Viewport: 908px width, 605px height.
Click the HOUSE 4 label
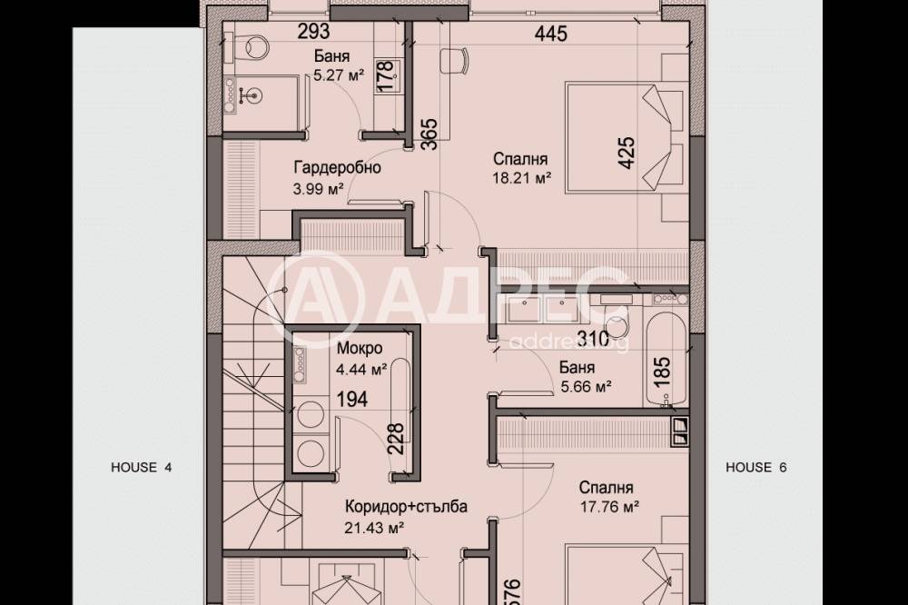(141, 468)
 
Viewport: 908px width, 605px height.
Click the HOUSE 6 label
(755, 468)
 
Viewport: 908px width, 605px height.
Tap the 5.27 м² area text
(338, 77)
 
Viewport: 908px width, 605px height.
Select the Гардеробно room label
(336, 168)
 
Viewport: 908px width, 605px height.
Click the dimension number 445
(551, 35)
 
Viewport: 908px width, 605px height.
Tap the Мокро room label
(359, 348)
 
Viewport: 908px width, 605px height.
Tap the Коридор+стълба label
(405, 507)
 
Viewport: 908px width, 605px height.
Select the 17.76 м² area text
(610, 507)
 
